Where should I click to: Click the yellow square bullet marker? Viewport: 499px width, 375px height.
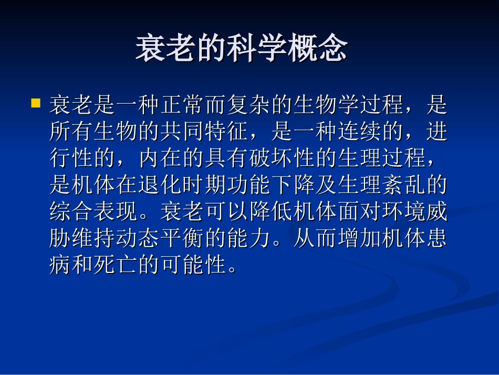[x=36, y=103]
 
